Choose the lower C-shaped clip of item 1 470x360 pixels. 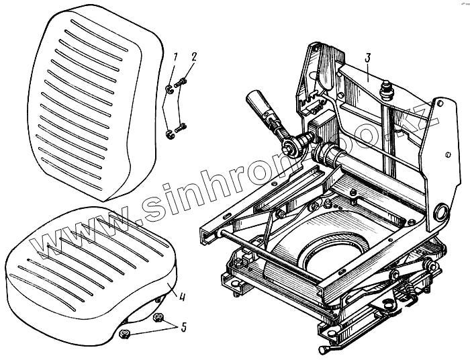[170, 136]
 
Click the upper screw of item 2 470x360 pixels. [181, 83]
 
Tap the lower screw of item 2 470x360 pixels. [180, 127]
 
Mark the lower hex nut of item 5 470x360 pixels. [124, 333]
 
